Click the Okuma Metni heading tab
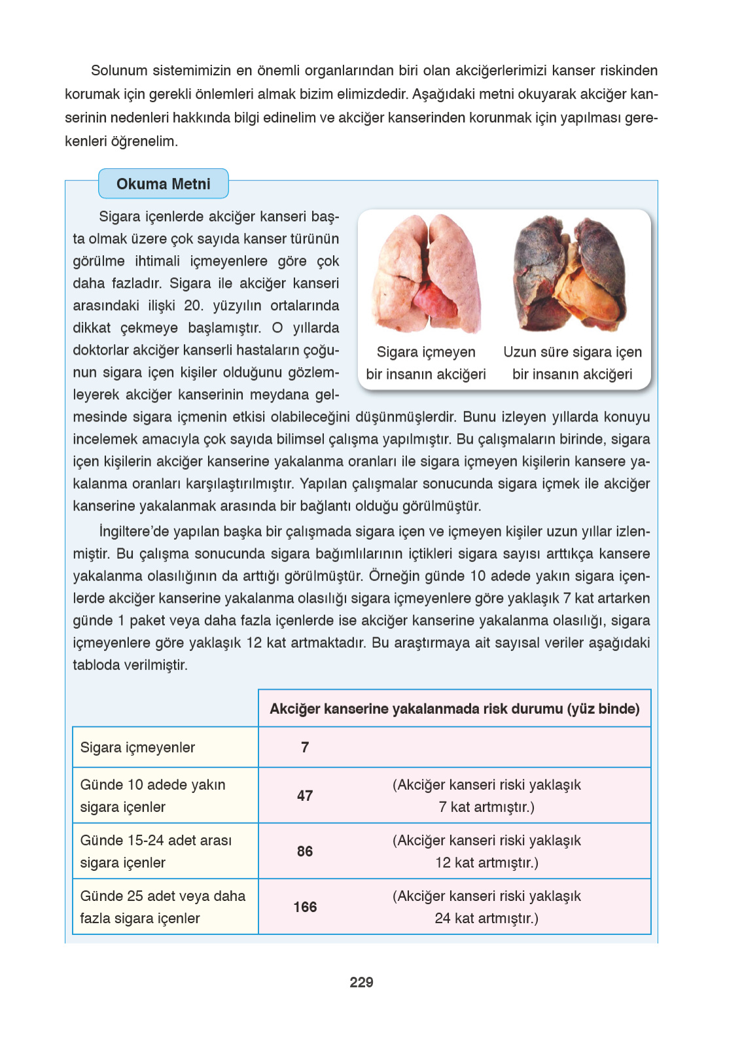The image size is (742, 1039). click(163, 184)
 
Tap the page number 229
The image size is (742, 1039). click(361, 982)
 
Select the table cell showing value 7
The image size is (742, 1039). click(305, 747)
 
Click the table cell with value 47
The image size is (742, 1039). click(305, 796)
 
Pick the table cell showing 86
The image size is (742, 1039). click(305, 851)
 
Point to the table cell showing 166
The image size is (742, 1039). click(305, 907)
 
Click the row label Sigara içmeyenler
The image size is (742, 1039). click(137, 747)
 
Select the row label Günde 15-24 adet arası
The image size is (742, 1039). click(156, 841)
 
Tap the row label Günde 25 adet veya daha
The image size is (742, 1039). click(162, 896)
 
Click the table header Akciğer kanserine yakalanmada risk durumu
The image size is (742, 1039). click(454, 709)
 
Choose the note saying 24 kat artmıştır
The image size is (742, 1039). click(486, 918)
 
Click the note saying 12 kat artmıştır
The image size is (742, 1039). click(486, 862)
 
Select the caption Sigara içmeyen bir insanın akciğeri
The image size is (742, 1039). click(426, 363)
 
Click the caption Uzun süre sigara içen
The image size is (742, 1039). click(572, 352)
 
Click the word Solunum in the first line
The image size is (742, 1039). click(118, 71)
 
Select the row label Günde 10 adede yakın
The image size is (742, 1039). click(152, 785)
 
